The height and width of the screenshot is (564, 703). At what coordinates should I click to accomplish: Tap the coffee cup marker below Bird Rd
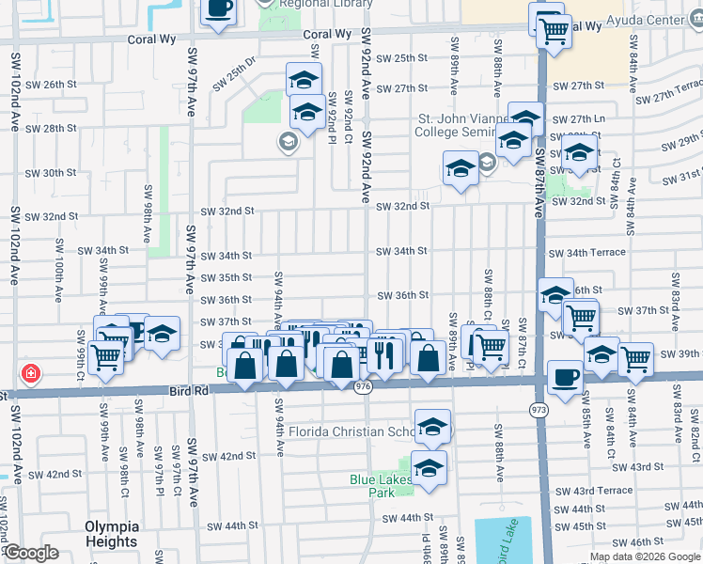point(564,378)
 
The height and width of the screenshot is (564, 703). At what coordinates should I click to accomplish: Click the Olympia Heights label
point(111,533)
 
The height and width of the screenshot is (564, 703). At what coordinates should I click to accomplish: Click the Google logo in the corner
point(31,554)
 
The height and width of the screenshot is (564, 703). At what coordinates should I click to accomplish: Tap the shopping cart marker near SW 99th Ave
point(105,355)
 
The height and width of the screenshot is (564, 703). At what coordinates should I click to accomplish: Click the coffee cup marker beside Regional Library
point(219,8)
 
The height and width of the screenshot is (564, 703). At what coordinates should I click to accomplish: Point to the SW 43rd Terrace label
point(593,491)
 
